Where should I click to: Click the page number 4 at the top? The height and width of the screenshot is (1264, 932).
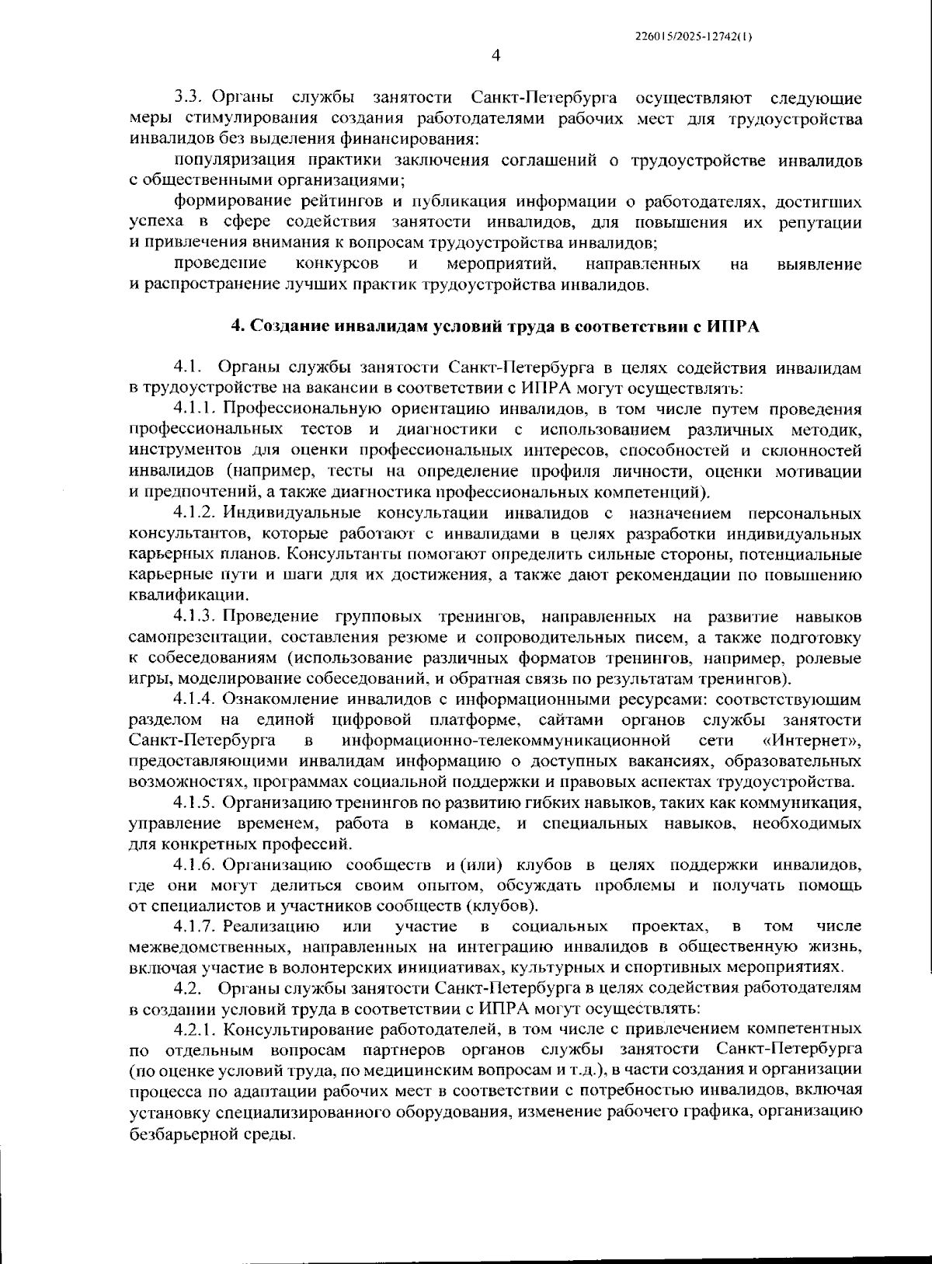tap(496, 54)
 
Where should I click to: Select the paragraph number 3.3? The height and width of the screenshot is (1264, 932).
tap(189, 98)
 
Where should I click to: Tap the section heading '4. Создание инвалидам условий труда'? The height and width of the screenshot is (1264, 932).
tap(496, 326)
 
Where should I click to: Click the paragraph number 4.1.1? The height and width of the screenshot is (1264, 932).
tap(196, 409)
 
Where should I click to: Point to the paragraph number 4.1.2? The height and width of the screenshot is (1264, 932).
tap(196, 514)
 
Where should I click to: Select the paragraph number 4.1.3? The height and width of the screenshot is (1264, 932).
tap(196, 617)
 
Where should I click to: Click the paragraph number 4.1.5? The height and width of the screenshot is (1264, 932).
tap(196, 802)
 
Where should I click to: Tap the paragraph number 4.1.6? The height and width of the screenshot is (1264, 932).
tap(196, 865)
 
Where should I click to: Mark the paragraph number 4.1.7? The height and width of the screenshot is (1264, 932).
tap(196, 926)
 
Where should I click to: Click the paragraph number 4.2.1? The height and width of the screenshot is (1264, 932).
tap(196, 1029)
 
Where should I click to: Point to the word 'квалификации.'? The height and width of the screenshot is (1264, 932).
tap(178, 596)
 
